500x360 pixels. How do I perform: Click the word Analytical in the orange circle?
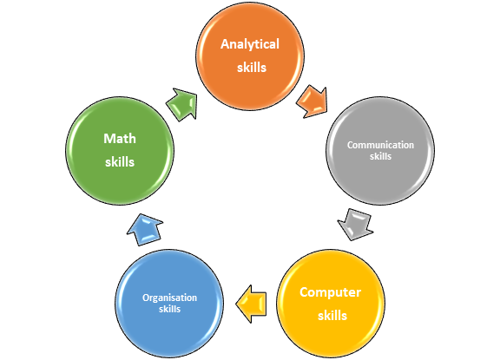(x=250, y=44)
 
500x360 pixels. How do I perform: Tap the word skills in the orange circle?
(x=252, y=67)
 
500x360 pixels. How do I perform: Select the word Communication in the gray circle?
(x=380, y=145)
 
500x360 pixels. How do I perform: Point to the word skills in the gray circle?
(x=380, y=156)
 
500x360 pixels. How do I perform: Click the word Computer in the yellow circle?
(x=331, y=292)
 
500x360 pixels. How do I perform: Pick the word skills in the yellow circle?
(x=332, y=316)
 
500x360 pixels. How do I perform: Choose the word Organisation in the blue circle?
(x=169, y=298)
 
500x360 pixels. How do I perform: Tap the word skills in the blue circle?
(x=169, y=309)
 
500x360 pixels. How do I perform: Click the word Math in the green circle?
(x=120, y=139)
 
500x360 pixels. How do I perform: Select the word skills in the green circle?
(x=120, y=162)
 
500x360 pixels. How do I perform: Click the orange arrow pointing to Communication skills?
(x=312, y=101)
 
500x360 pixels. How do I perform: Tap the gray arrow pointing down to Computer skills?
(x=355, y=225)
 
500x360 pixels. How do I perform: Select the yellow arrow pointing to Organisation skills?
(x=251, y=304)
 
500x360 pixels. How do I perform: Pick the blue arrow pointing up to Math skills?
(x=145, y=229)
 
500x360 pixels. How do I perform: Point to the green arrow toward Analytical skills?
(x=182, y=104)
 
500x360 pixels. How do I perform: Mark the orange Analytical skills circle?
(x=250, y=56)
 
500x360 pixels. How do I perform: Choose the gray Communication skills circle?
(x=380, y=151)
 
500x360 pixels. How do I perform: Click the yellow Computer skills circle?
(x=331, y=304)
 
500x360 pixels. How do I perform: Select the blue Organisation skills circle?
(x=169, y=304)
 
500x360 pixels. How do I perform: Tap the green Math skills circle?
(x=120, y=151)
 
